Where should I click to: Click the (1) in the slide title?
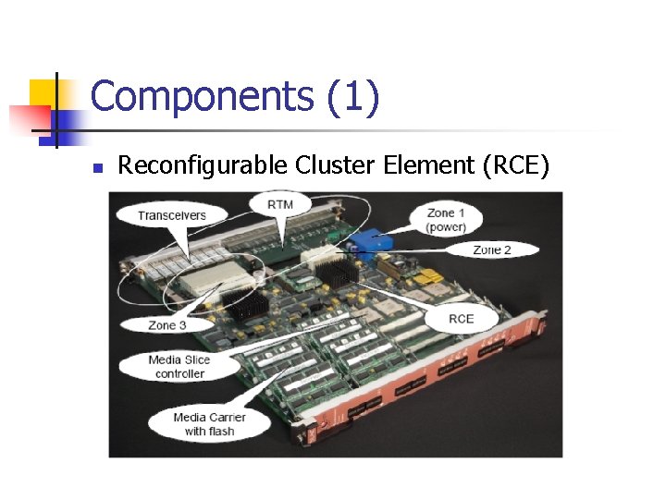click(x=352, y=98)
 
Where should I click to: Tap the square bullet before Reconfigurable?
click(x=96, y=168)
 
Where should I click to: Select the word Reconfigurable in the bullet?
click(x=203, y=165)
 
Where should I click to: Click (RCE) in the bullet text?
click(x=512, y=165)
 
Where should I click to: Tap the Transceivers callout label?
click(x=172, y=215)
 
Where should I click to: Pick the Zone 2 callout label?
click(x=492, y=249)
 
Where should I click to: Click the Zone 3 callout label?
click(x=167, y=324)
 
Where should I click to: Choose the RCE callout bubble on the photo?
click(x=461, y=319)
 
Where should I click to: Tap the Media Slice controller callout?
click(x=179, y=367)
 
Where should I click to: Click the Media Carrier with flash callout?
click(x=209, y=424)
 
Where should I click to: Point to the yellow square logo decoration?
click(x=43, y=93)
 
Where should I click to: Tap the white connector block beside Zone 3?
click(x=211, y=277)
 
